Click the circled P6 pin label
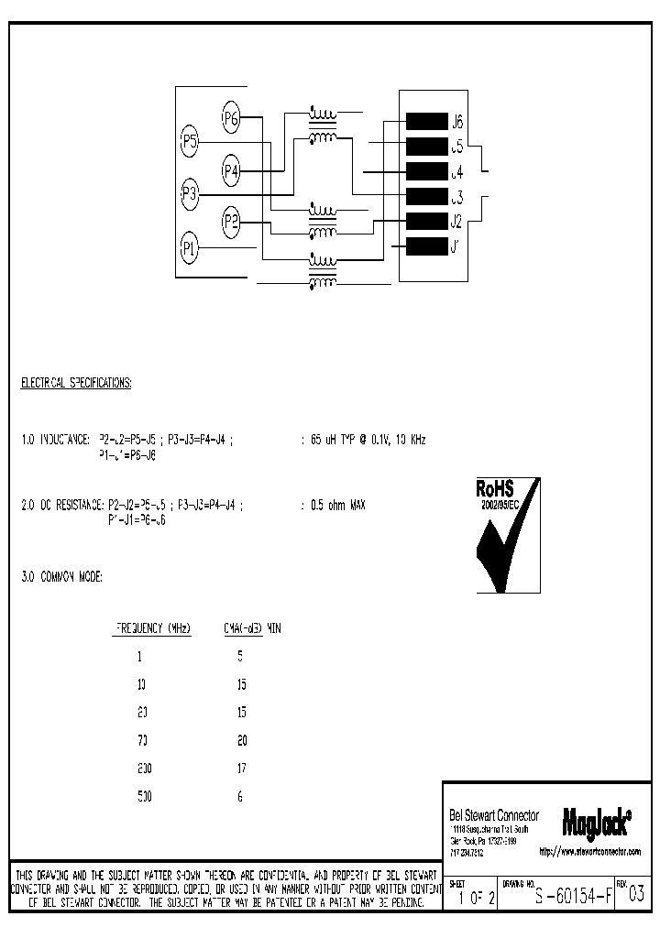(x=231, y=117)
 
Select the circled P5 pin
(x=190, y=142)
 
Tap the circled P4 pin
(x=231, y=170)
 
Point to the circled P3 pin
(x=190, y=193)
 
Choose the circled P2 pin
(x=231, y=221)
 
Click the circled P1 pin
(x=190, y=247)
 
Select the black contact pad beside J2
(x=425, y=221)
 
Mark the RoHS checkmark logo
(x=507, y=535)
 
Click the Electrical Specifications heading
(x=76, y=383)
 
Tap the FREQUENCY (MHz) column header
(x=152, y=628)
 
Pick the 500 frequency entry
(x=145, y=797)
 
